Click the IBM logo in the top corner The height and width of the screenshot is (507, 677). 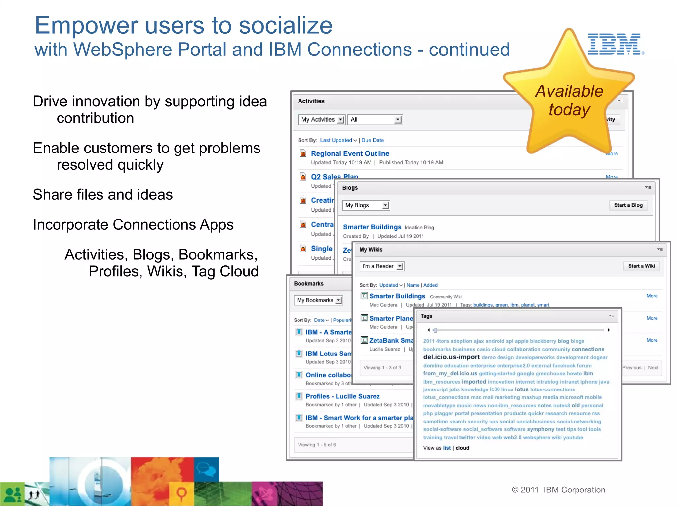[x=616, y=44]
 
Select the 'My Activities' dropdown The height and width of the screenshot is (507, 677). [x=322, y=119]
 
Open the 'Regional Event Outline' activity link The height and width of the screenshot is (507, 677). [x=350, y=153]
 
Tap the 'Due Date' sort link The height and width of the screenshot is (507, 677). [x=373, y=140]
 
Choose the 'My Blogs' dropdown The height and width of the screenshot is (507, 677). [x=366, y=205]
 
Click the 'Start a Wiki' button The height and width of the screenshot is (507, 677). [x=641, y=266]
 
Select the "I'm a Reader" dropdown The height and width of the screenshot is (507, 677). [x=382, y=266]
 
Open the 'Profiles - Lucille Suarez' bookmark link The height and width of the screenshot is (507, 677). [x=342, y=396]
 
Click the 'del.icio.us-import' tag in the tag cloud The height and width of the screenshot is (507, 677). [x=451, y=357]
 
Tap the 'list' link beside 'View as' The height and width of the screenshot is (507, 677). [x=447, y=448]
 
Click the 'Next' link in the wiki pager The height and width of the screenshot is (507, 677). [x=653, y=368]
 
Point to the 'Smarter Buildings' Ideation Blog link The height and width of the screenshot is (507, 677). [x=372, y=227]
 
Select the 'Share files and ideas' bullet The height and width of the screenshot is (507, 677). [x=103, y=195]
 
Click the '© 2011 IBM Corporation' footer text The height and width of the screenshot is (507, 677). [x=558, y=490]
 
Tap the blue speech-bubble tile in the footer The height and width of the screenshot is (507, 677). [x=206, y=469]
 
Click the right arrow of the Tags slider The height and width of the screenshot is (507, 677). [x=609, y=330]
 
